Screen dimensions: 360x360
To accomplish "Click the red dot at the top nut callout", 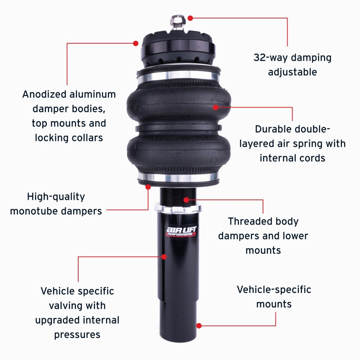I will pyautogui.click(x=190, y=18).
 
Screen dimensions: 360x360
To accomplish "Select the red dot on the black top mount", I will pyautogui.click(x=135, y=43).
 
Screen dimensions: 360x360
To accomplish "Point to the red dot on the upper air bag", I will pyautogui.click(x=216, y=107).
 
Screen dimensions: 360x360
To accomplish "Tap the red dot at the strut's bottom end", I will pyautogui.click(x=199, y=325).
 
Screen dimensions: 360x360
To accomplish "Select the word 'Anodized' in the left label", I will pyautogui.click(x=44, y=94).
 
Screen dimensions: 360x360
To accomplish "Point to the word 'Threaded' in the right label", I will pyautogui.click(x=249, y=221).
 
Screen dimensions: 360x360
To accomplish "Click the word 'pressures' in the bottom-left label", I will pyautogui.click(x=77, y=334).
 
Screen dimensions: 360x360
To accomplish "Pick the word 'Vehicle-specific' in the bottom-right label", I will pyautogui.click(x=274, y=289).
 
